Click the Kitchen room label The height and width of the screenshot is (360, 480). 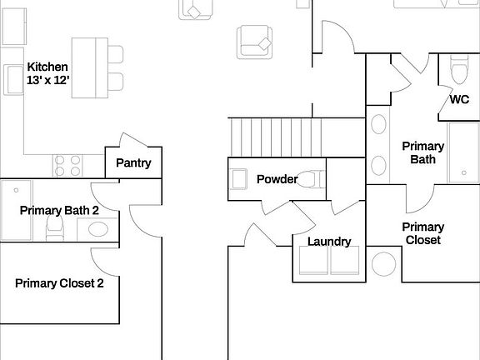point(47,67)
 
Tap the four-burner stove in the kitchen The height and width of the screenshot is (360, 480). point(67,166)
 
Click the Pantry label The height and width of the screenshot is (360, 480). point(133,163)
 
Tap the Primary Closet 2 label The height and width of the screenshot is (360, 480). point(59,283)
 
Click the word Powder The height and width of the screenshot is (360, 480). point(277,179)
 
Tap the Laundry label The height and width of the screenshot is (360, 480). point(329,242)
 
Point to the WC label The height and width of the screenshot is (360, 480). point(459,100)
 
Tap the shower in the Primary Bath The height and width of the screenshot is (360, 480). point(463,152)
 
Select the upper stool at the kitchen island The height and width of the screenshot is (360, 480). point(115,55)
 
